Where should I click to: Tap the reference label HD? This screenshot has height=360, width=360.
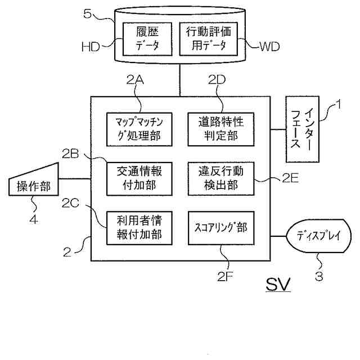coord(91,47)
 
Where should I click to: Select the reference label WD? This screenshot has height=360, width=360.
coord(270,46)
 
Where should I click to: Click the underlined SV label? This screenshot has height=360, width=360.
coord(278,284)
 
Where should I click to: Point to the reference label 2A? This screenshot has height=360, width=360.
coord(135,80)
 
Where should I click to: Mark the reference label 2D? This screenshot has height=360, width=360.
coord(217,79)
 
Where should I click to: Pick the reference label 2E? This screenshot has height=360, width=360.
coord(290,178)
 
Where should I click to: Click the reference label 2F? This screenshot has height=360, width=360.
coord(225,276)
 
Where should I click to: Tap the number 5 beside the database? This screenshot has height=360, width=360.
coord(87,13)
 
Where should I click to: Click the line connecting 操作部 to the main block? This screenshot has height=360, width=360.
coord(75,179)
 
